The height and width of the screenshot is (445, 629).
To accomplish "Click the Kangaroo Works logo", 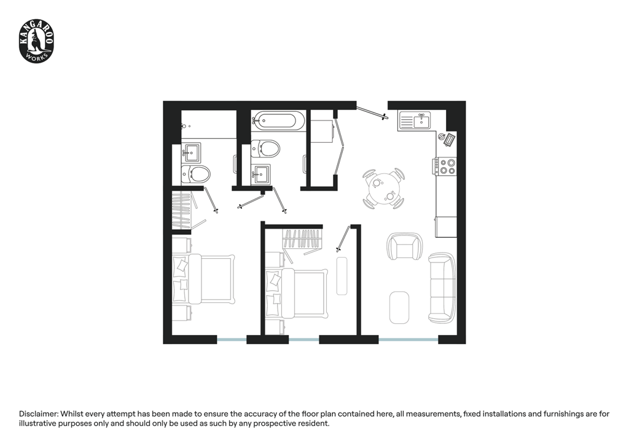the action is tap(36, 42).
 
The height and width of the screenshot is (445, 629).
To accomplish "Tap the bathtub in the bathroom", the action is tap(278, 121).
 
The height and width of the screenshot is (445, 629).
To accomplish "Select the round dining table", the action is tap(383, 189).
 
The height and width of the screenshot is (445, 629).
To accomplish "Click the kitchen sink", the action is tap(414, 120).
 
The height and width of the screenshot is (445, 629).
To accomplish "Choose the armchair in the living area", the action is tap(404, 246).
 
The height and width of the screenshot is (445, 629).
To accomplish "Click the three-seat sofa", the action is tap(442, 287).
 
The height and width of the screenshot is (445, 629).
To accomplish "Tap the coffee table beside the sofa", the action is tap(399, 307).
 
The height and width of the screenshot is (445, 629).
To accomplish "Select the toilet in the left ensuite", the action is tap(195, 175).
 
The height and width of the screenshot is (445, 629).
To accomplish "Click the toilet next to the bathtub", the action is tap(265, 149).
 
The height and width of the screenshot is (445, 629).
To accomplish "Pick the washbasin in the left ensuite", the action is tap(191, 152).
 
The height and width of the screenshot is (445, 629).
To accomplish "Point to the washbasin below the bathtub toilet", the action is tap(260, 174).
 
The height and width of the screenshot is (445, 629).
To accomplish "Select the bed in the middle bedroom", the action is tap(297, 293).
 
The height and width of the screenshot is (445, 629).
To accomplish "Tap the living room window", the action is tap(408, 340).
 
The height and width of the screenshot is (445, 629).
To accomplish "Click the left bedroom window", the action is tap(232, 340).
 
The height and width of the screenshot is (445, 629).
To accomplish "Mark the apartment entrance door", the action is tap(372, 111).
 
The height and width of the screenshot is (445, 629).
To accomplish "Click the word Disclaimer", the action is tap(39, 414).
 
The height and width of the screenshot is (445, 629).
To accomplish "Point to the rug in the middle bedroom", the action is tap(342, 276).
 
